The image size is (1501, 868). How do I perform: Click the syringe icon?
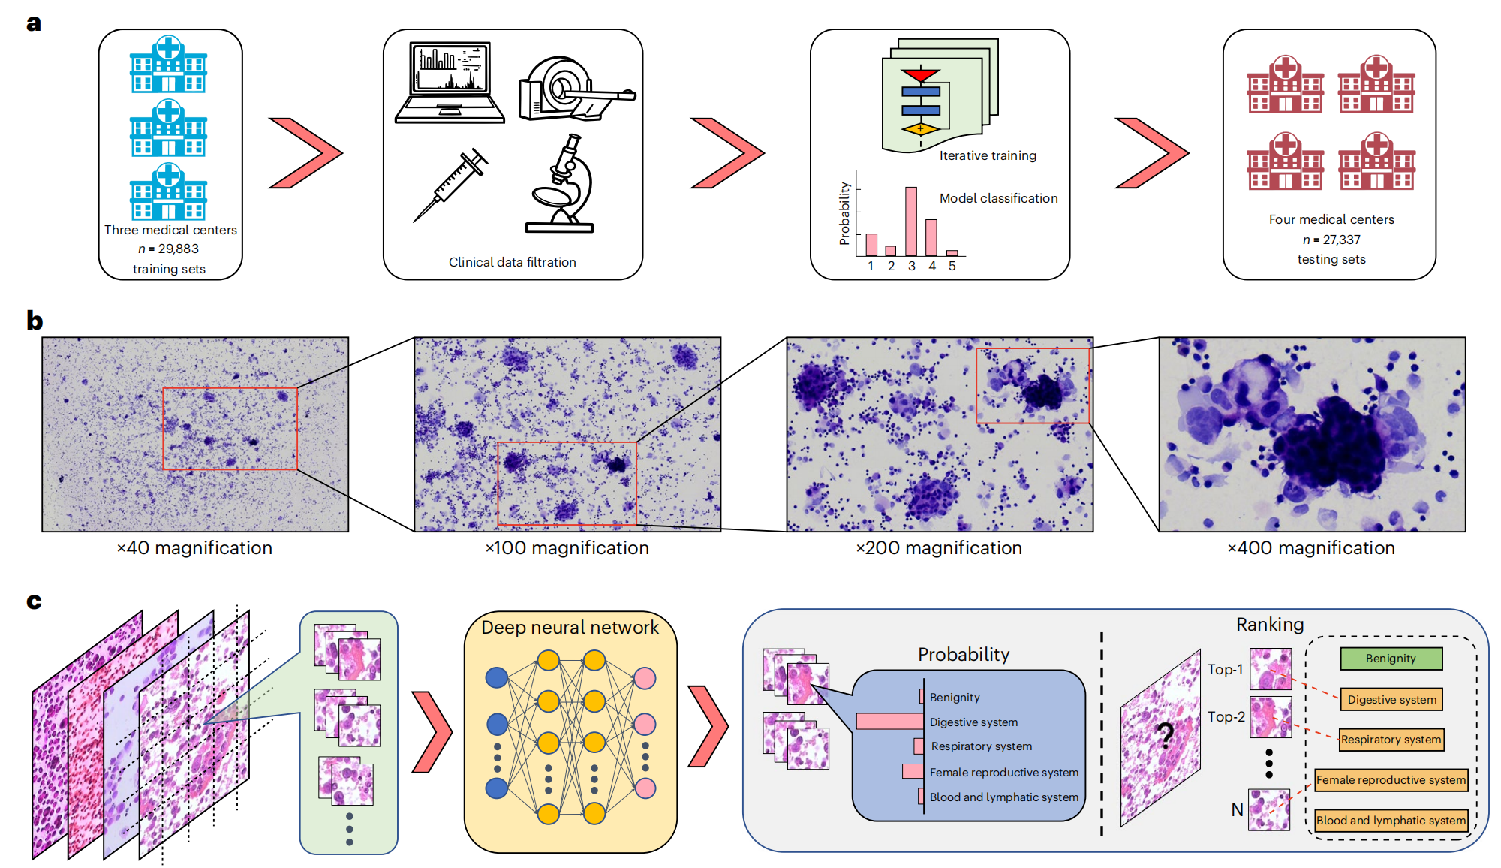click(x=450, y=184)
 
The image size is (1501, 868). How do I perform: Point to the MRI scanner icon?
click(x=574, y=89)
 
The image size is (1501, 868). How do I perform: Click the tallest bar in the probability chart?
click(x=911, y=222)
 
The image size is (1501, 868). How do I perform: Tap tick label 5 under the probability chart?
click(x=952, y=266)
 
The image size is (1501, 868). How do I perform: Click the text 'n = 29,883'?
click(x=169, y=249)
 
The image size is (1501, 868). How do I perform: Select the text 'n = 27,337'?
click(x=1331, y=240)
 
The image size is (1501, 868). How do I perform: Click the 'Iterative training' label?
click(x=988, y=155)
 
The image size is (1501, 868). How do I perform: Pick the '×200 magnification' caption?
click(x=939, y=548)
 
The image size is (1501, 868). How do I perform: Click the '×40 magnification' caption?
click(x=194, y=548)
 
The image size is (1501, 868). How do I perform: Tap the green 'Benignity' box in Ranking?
click(x=1391, y=659)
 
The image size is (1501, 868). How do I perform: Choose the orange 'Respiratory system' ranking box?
click(x=1391, y=740)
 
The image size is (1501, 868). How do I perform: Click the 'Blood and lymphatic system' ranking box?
click(x=1391, y=821)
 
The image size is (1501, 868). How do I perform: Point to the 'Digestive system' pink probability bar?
click(x=890, y=722)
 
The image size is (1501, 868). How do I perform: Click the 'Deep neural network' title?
click(x=570, y=628)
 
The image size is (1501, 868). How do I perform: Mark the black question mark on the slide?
click(x=1164, y=735)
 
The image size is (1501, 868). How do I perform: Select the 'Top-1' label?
click(x=1225, y=669)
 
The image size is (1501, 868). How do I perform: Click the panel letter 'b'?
click(x=35, y=321)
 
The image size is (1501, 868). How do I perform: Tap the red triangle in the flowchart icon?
click(x=920, y=75)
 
